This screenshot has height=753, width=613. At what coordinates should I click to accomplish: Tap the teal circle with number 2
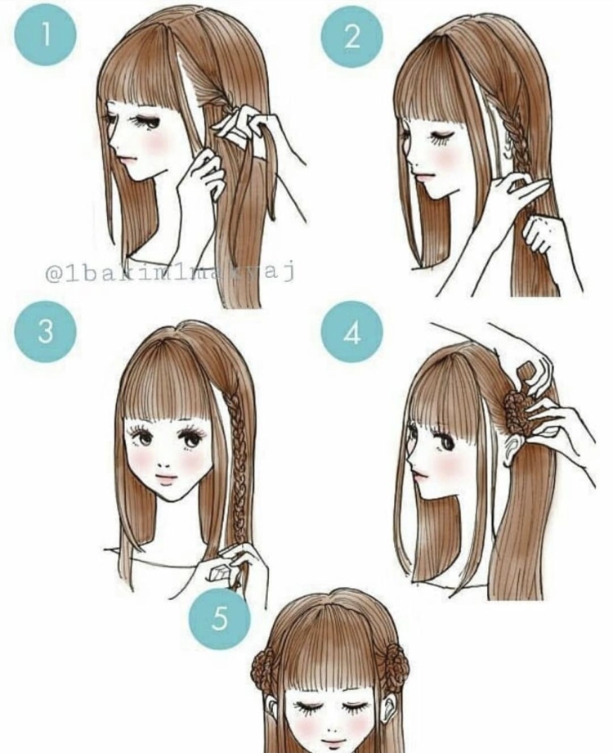[x=351, y=37]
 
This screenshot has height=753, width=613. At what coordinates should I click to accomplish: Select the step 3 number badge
[x=46, y=331]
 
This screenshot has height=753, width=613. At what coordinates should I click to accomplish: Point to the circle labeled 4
[x=351, y=331]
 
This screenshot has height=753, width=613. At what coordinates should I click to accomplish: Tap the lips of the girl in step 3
[x=166, y=478]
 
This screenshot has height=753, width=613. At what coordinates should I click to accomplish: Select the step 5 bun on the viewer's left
[x=268, y=670]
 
